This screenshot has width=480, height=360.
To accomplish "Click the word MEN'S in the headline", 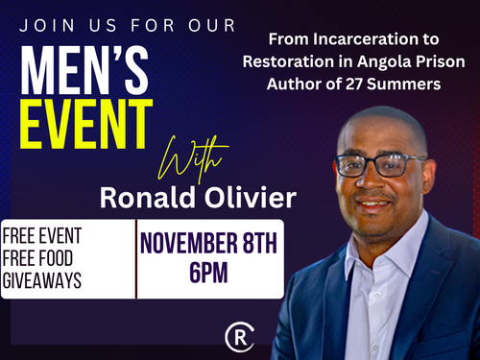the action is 84,70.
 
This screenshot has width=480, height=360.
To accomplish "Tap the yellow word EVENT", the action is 86,124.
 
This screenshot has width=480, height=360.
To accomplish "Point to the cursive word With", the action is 193,159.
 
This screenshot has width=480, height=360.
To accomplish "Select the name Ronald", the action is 148,198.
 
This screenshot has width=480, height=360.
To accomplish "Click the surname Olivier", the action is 251,198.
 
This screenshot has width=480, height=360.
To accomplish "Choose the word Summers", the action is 403,84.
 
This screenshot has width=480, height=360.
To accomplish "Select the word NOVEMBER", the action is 189,243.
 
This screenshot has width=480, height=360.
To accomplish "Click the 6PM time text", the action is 208,273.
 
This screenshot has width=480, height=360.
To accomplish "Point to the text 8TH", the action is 260,243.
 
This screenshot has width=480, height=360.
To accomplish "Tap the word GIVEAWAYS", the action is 42,280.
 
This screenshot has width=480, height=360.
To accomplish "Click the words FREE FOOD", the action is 37,258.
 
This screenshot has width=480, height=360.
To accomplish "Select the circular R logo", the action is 239,337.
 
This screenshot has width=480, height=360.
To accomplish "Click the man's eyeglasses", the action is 380,165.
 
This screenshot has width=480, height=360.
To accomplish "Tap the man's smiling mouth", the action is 373,204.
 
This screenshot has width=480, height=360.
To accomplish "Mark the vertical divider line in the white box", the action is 136,259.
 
